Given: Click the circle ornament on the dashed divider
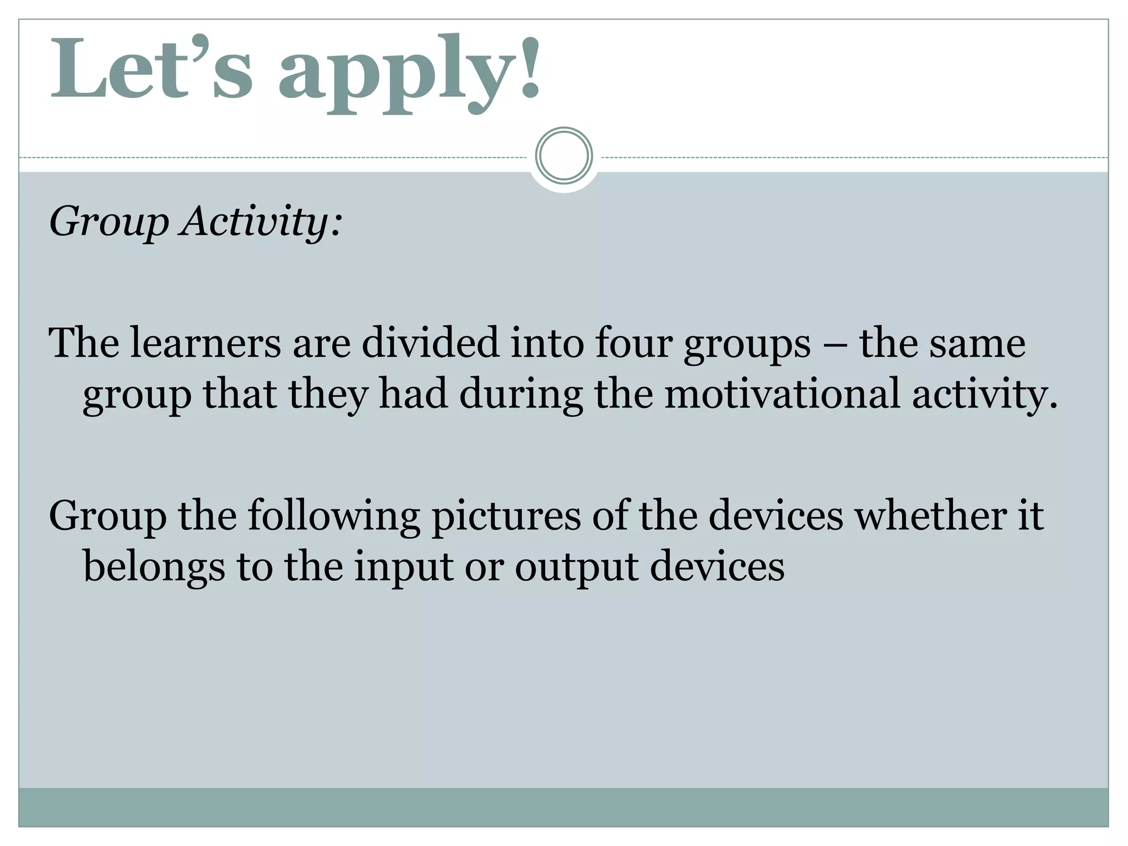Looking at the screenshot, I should [x=563, y=156].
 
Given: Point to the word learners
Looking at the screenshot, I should [x=205, y=343].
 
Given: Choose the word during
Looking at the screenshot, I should [x=520, y=394].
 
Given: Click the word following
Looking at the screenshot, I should [x=333, y=517].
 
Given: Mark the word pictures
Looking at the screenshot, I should [x=506, y=517].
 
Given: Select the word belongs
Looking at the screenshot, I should [x=154, y=567].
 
